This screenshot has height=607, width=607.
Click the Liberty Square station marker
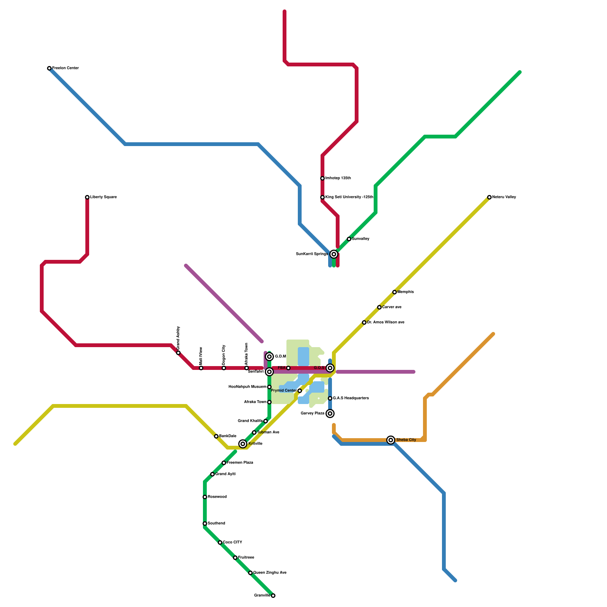pyautogui.click(x=87, y=197)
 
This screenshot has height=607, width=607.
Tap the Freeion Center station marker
pyautogui.click(x=49, y=68)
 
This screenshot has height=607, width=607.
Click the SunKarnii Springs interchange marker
pyautogui.click(x=334, y=254)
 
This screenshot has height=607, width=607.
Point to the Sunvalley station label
pyautogui.click(x=360, y=239)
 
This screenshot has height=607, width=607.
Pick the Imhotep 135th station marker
pyautogui.click(x=322, y=178)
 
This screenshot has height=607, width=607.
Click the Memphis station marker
pyautogui.click(x=395, y=292)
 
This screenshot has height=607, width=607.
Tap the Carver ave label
pyautogui.click(x=392, y=307)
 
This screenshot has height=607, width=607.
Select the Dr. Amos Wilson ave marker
pyautogui.click(x=364, y=322)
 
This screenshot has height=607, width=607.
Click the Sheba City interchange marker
pyautogui.click(x=391, y=440)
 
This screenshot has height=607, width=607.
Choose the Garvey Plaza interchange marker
pyautogui.click(x=330, y=414)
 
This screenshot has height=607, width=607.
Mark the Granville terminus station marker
pyautogui.click(x=273, y=596)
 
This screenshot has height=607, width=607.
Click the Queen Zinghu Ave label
pyautogui.click(x=270, y=573)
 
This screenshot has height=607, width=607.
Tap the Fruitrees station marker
pyautogui.click(x=235, y=558)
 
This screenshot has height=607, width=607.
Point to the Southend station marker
pyautogui.click(x=205, y=524)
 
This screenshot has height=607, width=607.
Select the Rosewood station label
pyautogui.click(x=217, y=497)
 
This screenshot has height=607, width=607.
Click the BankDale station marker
pyautogui.click(x=216, y=436)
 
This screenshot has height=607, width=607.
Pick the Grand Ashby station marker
pyautogui.click(x=178, y=353)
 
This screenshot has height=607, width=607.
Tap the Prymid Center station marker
pyautogui.click(x=300, y=391)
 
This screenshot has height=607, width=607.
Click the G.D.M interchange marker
pyautogui.click(x=269, y=357)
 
